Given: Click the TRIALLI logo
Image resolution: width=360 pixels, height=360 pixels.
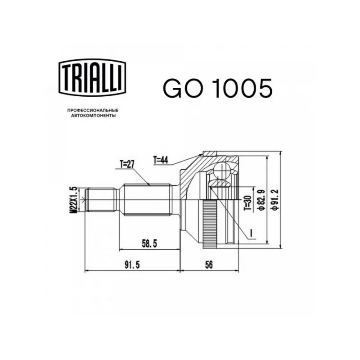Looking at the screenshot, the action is (92, 77).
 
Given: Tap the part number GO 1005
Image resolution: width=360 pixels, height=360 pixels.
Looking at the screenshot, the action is (217, 88).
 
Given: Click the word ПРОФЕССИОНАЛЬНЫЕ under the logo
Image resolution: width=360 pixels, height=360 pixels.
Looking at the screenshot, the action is (93, 110).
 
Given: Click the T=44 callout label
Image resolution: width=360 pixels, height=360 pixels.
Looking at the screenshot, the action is (161, 160).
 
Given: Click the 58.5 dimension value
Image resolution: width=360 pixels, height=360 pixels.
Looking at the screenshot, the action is (149, 243).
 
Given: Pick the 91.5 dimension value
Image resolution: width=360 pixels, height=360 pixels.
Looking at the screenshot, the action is (132, 265).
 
